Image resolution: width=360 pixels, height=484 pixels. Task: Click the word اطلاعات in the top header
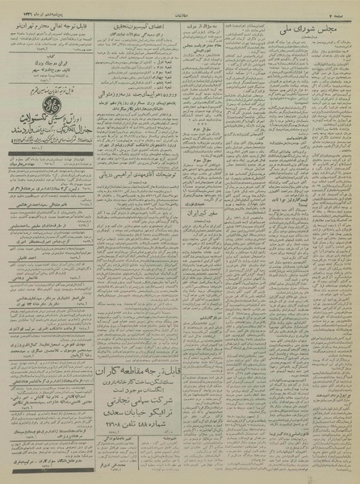(x=179, y=6)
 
